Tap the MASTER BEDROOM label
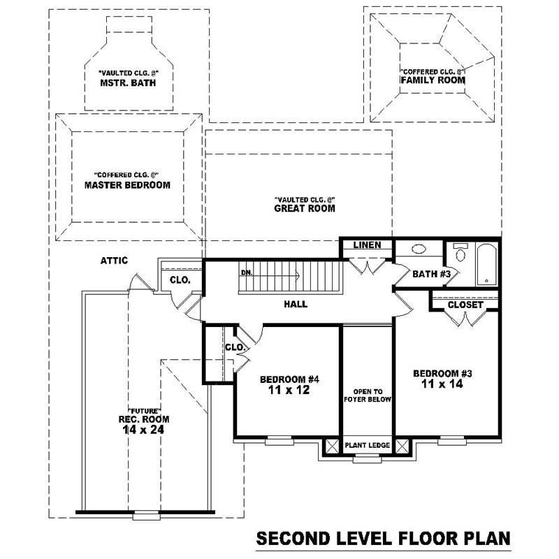tap(127, 185)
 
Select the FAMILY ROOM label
tap(433, 80)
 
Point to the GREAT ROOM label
tap(304, 208)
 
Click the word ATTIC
tap(113, 261)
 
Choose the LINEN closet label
tap(366, 245)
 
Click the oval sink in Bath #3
tap(419, 249)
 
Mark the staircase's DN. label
tap(246, 273)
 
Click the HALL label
tap(296, 304)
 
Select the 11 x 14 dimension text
tap(442, 384)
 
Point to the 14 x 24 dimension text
tap(143, 430)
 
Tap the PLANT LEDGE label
tap(367, 445)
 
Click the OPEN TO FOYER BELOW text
tap(367, 395)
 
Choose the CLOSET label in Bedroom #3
tap(465, 305)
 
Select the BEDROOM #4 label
tap(289, 379)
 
